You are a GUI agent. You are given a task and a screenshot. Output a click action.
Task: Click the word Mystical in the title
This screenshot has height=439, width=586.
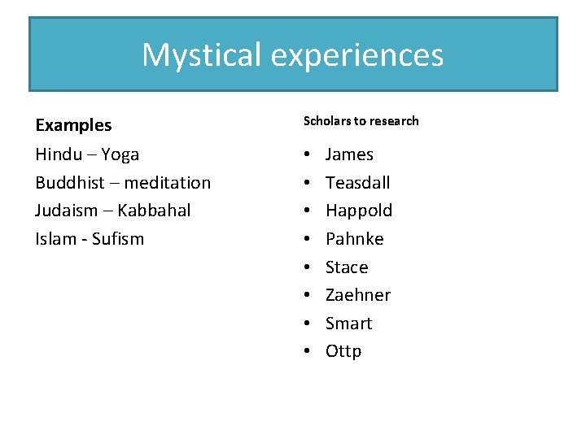coord(201,55)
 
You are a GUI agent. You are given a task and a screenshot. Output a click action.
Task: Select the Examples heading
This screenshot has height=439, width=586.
coord(73,125)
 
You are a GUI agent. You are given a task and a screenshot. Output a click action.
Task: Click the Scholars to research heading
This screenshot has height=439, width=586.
coord(361,121)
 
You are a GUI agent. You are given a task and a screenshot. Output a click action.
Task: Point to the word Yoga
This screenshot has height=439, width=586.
coord(119,154)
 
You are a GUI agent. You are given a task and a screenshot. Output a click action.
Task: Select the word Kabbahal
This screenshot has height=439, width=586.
coord(154,211)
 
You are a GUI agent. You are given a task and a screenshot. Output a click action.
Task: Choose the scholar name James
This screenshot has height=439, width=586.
coord(349,154)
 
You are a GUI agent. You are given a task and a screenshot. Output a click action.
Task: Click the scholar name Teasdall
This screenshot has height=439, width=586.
coord(357,183)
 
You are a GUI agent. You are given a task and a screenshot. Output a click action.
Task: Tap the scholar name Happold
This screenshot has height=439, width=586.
coord(359,211)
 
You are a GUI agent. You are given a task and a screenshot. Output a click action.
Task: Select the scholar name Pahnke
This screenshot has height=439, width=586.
coord(354,239)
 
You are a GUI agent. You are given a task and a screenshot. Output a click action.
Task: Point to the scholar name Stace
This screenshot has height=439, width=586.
coord(347,267)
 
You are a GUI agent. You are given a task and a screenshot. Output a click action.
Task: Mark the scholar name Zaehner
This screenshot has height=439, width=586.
coord(358,295)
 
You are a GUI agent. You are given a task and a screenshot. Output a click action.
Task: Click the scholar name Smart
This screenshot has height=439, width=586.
coord(348,324)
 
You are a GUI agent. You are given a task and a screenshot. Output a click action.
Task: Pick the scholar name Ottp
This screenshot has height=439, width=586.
coord(343,351)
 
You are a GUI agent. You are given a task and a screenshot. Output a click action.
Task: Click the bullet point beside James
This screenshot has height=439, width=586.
coord(307,154)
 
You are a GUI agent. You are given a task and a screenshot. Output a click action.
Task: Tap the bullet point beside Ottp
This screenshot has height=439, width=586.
coord(307,351)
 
